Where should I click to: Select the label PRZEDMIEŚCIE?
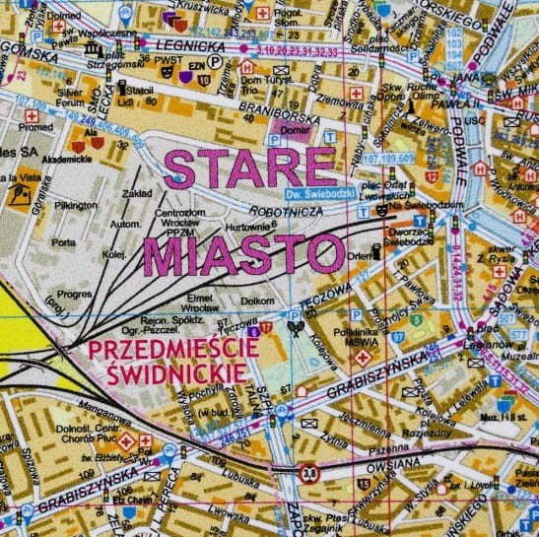point(173,349)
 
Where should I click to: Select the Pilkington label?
point(77,205)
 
